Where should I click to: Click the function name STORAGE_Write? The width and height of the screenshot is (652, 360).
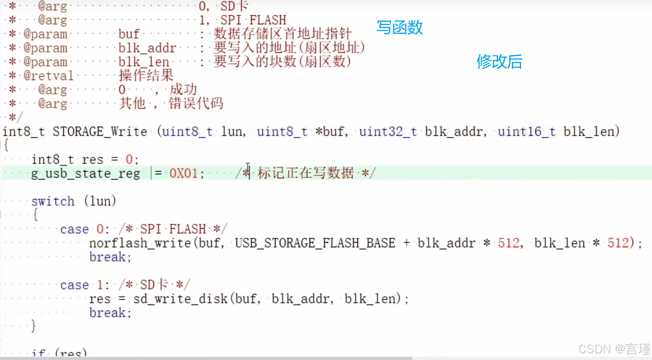pyautogui.click(x=100, y=131)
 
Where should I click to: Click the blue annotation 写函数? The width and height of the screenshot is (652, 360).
pyautogui.click(x=400, y=27)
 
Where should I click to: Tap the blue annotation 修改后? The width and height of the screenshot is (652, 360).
pyautogui.click(x=499, y=62)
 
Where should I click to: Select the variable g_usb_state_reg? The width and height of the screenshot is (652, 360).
pyautogui.click(x=86, y=174)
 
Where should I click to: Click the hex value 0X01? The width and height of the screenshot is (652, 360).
pyautogui.click(x=184, y=174)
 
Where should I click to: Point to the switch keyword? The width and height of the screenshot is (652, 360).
pyautogui.click(x=53, y=201)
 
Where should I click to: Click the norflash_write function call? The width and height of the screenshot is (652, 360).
pyautogui.click(x=140, y=243)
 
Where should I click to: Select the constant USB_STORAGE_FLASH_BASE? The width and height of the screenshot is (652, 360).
pyautogui.click(x=315, y=243)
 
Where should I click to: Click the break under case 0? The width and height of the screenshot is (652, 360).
pyautogui.click(x=107, y=257)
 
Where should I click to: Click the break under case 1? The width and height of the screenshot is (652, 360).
pyautogui.click(x=107, y=313)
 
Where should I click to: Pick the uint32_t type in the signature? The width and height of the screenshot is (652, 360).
pyautogui.click(x=388, y=131)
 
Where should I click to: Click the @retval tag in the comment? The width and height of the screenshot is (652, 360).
pyautogui.click(x=49, y=76)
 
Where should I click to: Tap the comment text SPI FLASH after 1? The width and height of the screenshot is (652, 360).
pyautogui.click(x=253, y=20)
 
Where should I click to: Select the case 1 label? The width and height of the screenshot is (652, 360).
pyautogui.click(x=82, y=285)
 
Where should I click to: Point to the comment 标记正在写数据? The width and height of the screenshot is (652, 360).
pyautogui.click(x=305, y=173)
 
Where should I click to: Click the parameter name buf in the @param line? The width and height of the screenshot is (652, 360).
pyautogui.click(x=129, y=34)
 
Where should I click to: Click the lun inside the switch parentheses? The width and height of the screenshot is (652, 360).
pyautogui.click(x=100, y=201)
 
